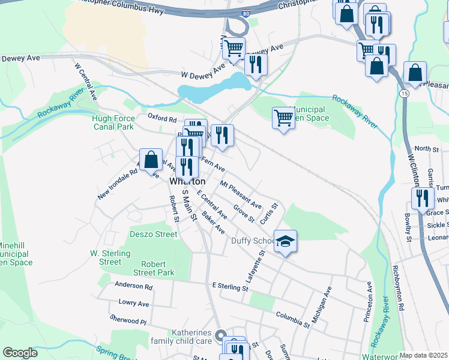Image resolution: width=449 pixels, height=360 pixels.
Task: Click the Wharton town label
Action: [x=187, y=181]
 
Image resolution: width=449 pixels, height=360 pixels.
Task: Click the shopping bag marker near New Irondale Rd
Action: [x=152, y=161]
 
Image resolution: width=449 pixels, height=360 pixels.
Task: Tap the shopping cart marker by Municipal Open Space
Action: [x=283, y=118]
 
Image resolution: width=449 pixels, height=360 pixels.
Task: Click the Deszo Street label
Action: [x=154, y=235]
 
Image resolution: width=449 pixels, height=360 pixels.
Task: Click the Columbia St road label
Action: [x=292, y=319]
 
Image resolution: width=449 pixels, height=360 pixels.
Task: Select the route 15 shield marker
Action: [x=406, y=94]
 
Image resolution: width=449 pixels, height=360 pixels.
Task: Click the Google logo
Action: [x=20, y=353]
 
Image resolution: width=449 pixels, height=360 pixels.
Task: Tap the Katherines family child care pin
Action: [x=220, y=336]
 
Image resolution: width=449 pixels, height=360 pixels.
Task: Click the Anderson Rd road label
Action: [x=134, y=287]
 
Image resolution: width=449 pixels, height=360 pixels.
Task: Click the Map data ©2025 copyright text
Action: [x=424, y=355]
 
